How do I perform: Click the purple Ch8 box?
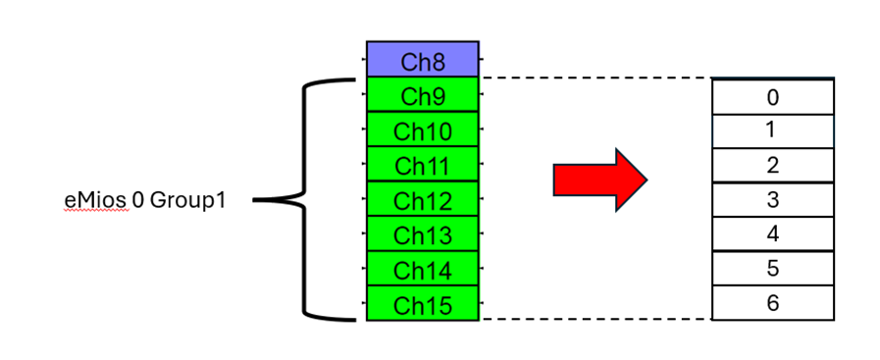pyautogui.click(x=422, y=60)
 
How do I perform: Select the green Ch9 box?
pyautogui.click(x=422, y=96)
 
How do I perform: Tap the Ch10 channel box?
pyautogui.click(x=422, y=129)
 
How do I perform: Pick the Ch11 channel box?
pyautogui.click(x=422, y=164)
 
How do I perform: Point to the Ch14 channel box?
pyautogui.click(x=422, y=269)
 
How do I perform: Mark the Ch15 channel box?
pyautogui.click(x=422, y=303)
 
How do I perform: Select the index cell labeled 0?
pyautogui.click(x=772, y=97)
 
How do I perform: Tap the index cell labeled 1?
pyautogui.click(x=772, y=131)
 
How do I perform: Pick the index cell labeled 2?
pyautogui.click(x=772, y=165)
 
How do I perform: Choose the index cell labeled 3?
pyautogui.click(x=772, y=199)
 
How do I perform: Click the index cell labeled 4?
pyautogui.click(x=772, y=233)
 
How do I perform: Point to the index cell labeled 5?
pyautogui.click(x=772, y=268)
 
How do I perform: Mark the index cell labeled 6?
pyautogui.click(x=772, y=302)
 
